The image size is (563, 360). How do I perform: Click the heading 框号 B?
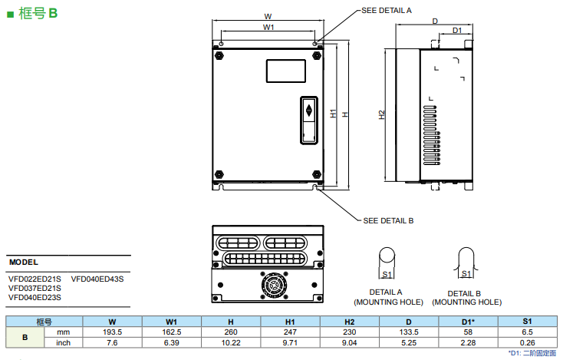(x=37, y=14)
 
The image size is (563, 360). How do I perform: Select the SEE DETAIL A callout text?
(x=387, y=10)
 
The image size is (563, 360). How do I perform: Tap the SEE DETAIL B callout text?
(x=387, y=220)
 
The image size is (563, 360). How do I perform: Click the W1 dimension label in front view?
(x=268, y=27)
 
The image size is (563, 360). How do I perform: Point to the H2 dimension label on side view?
(x=382, y=115)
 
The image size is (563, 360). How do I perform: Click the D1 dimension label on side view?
(x=456, y=30)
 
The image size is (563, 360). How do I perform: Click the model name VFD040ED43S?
(x=97, y=279)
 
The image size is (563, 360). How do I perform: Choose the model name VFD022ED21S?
(x=35, y=279)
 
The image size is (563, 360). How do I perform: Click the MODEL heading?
(x=23, y=262)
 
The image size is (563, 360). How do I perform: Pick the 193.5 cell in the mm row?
(x=113, y=332)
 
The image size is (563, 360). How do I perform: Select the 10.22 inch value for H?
(x=231, y=342)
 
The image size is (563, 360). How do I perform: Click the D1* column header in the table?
(x=468, y=321)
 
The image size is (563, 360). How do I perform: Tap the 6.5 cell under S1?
(x=527, y=332)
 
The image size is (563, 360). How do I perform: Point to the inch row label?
(x=64, y=342)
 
